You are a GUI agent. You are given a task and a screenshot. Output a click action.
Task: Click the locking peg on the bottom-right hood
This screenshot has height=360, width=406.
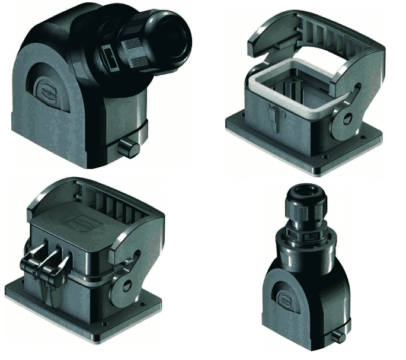[x=341, y=336]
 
